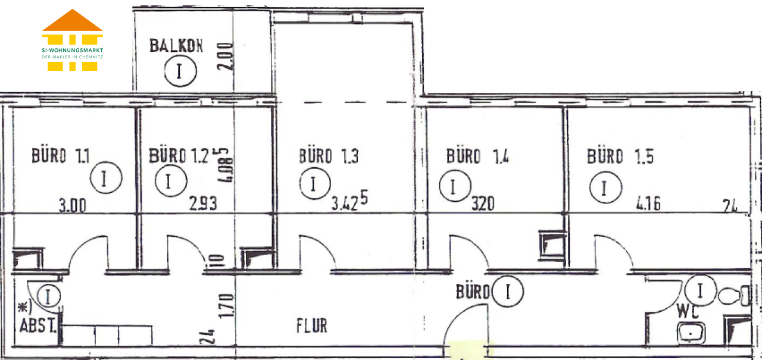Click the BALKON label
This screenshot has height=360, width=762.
[x=176, y=46]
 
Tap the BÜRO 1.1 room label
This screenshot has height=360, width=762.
[x=61, y=156]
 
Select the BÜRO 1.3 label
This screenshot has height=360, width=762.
[x=329, y=156]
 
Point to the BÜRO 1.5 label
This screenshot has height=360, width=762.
[x=620, y=156]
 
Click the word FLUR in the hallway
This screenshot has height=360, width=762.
[x=311, y=325]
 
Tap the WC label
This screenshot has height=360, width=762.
[x=688, y=311]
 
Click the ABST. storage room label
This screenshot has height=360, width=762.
[x=38, y=325]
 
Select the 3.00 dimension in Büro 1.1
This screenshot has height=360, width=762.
[x=73, y=206]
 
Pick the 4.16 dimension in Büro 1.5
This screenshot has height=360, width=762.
[x=648, y=204]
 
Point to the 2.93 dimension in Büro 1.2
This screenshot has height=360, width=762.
[x=203, y=204]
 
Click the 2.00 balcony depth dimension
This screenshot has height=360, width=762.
[x=225, y=56]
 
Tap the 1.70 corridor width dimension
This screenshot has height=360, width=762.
[x=226, y=306]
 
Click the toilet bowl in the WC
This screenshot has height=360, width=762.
[x=734, y=296]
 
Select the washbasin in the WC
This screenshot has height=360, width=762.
[x=691, y=333]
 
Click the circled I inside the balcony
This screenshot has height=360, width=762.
[x=180, y=71]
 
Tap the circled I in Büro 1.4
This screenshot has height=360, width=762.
[x=455, y=186]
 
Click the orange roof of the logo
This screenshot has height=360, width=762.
[x=72, y=21]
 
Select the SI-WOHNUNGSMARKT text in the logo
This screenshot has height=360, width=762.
[x=73, y=50]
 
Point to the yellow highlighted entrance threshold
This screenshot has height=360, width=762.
[x=467, y=349]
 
